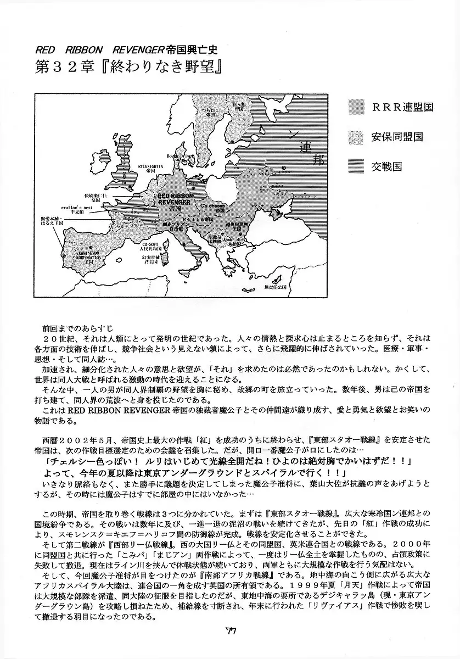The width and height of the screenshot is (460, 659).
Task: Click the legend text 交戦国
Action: [x=387, y=166]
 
